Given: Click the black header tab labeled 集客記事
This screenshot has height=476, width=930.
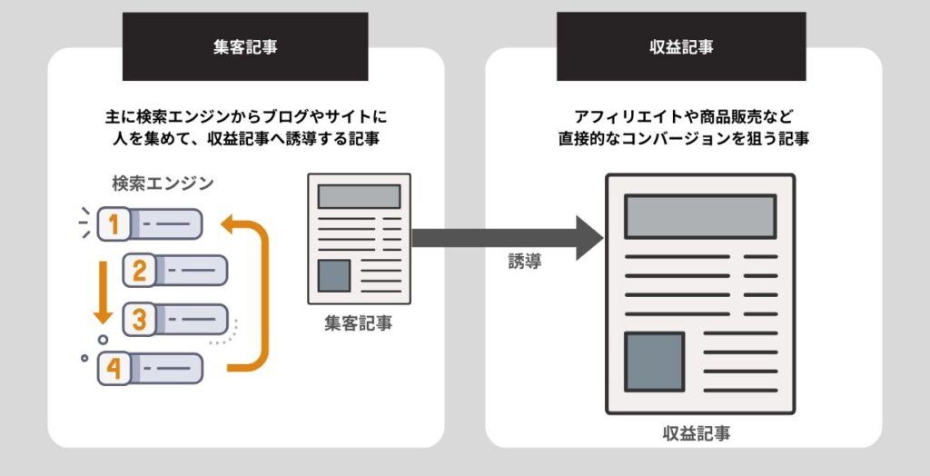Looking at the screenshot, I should (x=244, y=46).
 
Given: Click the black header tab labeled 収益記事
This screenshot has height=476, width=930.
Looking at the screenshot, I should (x=683, y=46).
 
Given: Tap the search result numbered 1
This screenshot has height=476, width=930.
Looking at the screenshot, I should (x=149, y=223).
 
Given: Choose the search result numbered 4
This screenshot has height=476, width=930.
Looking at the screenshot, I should (x=149, y=368).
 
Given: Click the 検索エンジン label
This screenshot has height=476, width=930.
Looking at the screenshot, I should (x=163, y=183).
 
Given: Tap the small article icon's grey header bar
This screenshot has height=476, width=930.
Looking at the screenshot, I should (x=359, y=196).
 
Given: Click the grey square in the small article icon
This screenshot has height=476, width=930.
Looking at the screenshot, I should (x=333, y=275).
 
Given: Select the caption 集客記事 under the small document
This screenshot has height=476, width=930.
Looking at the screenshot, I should (x=359, y=322).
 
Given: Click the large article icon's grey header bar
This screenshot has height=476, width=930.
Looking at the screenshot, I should (x=700, y=216).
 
